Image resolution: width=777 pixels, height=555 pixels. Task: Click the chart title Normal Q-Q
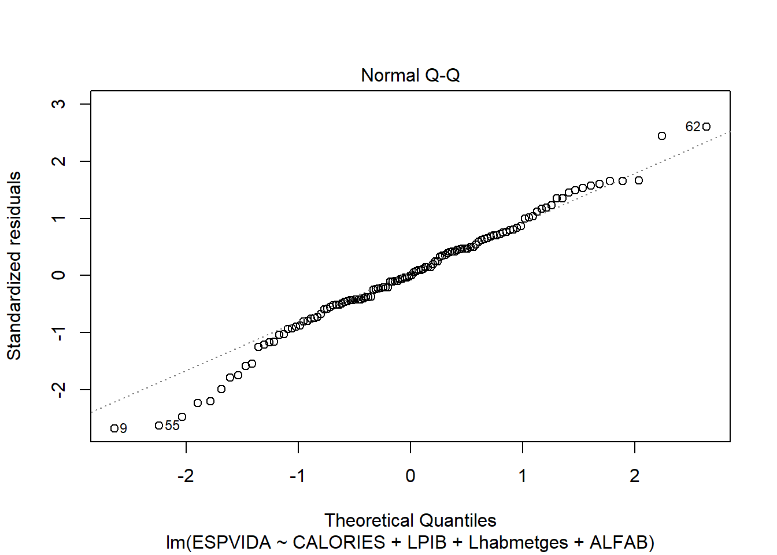pos(410,76)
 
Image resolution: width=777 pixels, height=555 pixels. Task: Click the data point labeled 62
pos(706,127)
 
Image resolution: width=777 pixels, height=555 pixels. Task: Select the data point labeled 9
pos(114,428)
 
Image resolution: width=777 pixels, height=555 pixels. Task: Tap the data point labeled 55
pos(159,425)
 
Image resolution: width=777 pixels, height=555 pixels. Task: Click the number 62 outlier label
pos(693,127)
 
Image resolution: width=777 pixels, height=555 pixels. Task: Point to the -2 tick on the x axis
pos(186,476)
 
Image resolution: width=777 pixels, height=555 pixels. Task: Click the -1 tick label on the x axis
pos(298,476)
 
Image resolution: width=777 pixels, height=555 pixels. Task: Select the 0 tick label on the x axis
pos(410,476)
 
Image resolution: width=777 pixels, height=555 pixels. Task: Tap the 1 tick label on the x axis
pos(523,476)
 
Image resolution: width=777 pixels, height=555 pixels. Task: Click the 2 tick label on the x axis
pos(635,476)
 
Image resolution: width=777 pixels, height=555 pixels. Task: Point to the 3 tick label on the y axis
pos(59,104)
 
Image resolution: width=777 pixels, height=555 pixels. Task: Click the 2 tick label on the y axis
pos(59,161)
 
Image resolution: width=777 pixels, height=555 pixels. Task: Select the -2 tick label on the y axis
pos(59,390)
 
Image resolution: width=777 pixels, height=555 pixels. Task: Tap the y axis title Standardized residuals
pos(14,266)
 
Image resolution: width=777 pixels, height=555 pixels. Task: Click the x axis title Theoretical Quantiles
pos(410,520)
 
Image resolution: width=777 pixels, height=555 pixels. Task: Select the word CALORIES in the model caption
pos(339,543)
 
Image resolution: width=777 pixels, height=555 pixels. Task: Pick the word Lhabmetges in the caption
pos(518,543)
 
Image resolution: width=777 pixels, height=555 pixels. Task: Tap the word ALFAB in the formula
pos(618,543)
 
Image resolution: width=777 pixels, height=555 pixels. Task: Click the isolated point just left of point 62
pos(662,136)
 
